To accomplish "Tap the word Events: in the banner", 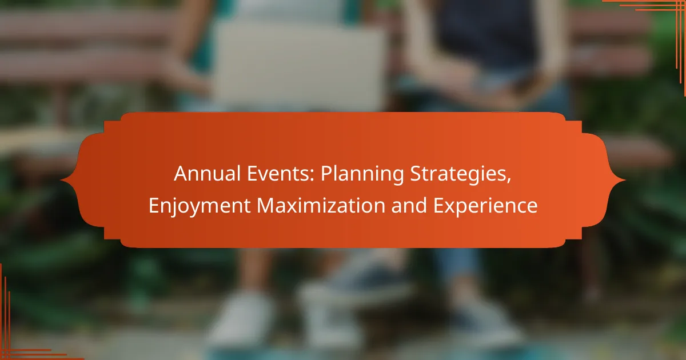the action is click(x=281, y=174).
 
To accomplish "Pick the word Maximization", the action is click(x=321, y=205).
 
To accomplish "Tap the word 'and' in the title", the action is click(x=409, y=205).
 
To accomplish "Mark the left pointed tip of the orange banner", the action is click(x=61, y=181).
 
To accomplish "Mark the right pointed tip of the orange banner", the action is click(x=625, y=181).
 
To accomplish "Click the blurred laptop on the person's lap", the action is click(x=298, y=66).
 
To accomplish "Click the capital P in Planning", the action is click(x=326, y=174).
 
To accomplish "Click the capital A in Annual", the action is click(x=181, y=174).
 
